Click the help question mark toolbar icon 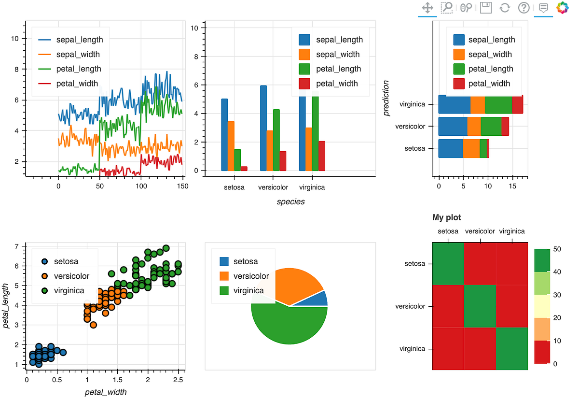click(524, 8)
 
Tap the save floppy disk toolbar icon click(486, 8)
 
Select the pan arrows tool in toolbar click(427, 8)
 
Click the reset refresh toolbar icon click(505, 8)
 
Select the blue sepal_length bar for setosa click(224, 135)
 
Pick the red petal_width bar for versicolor click(283, 161)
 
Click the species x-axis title click(290, 201)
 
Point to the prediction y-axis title click(386, 99)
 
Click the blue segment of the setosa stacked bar click(450, 148)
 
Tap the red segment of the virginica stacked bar click(517, 105)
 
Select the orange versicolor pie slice click(294, 285)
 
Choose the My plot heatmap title click(446, 217)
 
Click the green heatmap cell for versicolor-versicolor click(480, 306)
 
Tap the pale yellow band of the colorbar click(542, 306)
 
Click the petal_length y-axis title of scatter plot click(7, 306)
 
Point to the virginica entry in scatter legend click(69, 290)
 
